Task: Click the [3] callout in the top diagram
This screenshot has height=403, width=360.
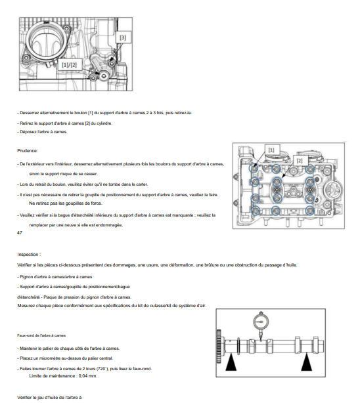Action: click(123, 37)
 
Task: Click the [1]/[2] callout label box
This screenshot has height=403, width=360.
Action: click(69, 65)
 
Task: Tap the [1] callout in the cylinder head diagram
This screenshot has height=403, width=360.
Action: click(271, 150)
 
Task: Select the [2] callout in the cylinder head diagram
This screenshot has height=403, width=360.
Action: click(300, 161)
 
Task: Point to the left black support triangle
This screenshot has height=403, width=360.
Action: click(231, 362)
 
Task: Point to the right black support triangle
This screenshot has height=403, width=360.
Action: click(307, 362)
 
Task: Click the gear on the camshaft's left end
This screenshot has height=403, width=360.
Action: click(219, 347)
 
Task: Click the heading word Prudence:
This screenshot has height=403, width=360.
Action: click(28, 150)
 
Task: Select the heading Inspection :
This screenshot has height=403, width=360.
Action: click(29, 255)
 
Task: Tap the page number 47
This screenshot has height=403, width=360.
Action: click(20, 232)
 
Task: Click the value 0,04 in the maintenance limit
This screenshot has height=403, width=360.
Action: click(83, 375)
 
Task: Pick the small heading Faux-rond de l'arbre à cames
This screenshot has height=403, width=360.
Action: click(41, 335)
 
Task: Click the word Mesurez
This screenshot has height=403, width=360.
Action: click(26, 306)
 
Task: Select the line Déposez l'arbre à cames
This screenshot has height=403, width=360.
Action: click(42, 132)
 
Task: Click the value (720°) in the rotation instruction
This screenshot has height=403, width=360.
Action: click(102, 369)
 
